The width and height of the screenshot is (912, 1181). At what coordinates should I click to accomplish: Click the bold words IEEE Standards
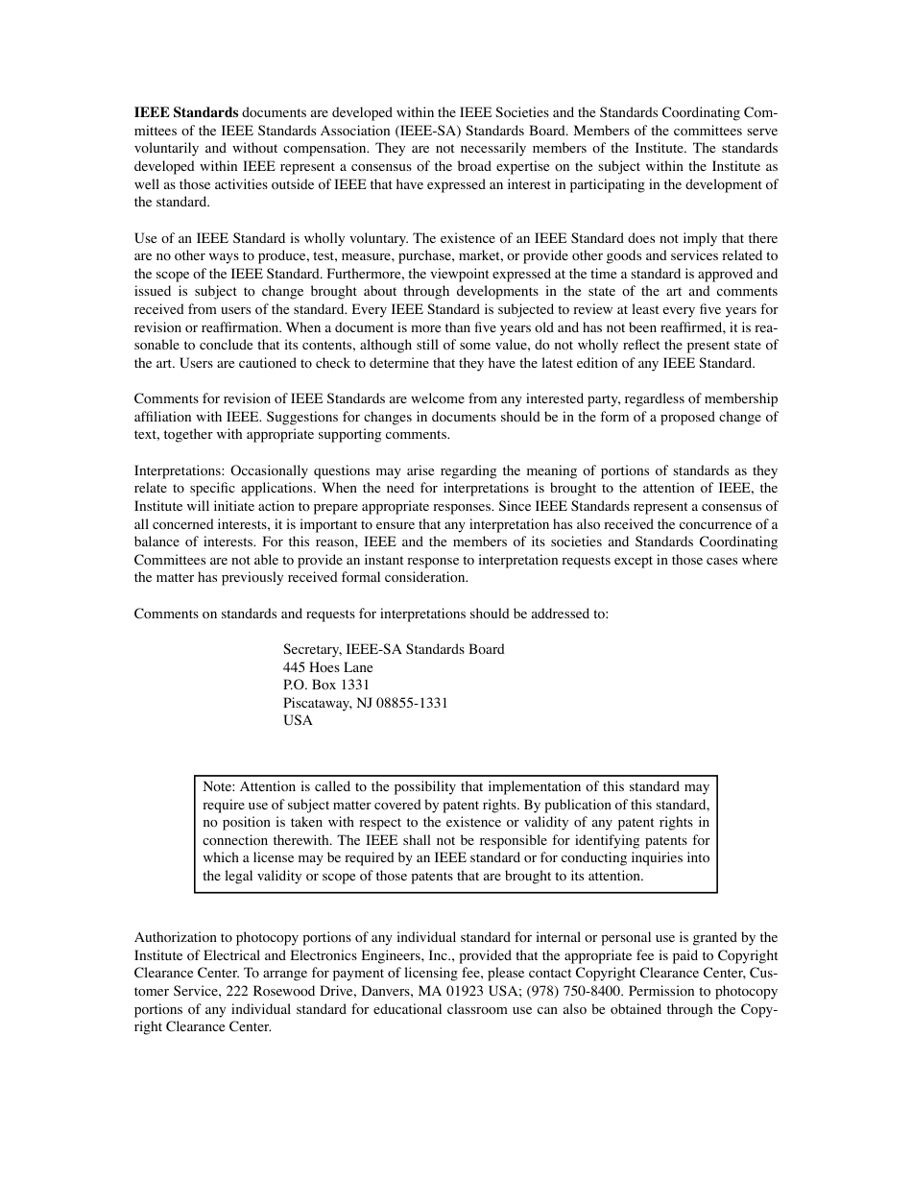tap(185, 112)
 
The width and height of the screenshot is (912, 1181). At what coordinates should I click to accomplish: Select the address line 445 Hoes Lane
tap(328, 667)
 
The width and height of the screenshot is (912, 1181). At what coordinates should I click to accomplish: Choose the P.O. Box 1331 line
tap(326, 685)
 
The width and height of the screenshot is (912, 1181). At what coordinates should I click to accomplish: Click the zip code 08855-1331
tap(408, 703)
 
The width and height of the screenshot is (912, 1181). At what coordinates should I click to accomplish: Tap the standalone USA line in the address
tap(298, 720)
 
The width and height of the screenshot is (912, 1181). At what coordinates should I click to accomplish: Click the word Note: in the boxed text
tap(220, 786)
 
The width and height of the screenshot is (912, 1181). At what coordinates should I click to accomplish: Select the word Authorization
tap(176, 937)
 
